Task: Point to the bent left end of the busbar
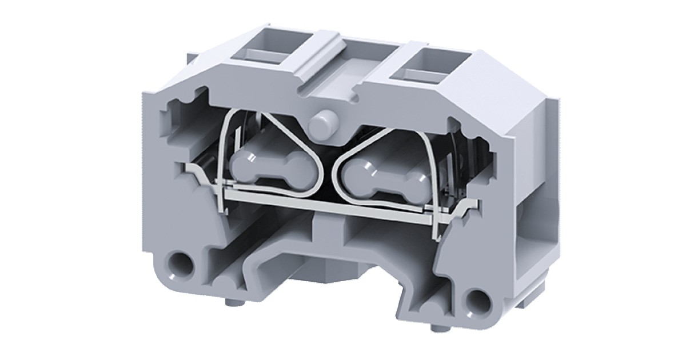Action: click(x=192, y=170)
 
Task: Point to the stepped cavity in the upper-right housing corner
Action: click(x=463, y=137)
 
